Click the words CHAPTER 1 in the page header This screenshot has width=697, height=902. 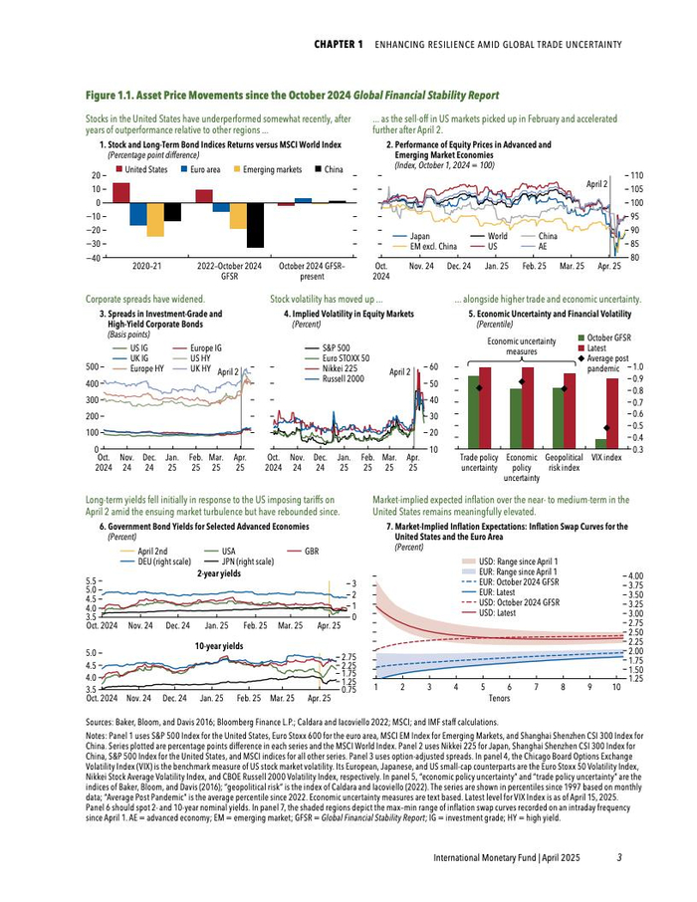[x=339, y=45]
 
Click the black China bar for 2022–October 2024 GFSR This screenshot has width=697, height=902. [x=255, y=225]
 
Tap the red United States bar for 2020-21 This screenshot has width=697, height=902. [x=121, y=192]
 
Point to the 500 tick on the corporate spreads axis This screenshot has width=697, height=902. [x=95, y=368]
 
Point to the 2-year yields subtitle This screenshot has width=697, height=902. [x=219, y=574]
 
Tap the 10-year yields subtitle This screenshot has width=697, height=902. [x=219, y=646]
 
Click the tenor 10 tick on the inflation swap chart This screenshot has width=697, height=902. [x=616, y=687]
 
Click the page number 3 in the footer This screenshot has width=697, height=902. [x=618, y=858]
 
